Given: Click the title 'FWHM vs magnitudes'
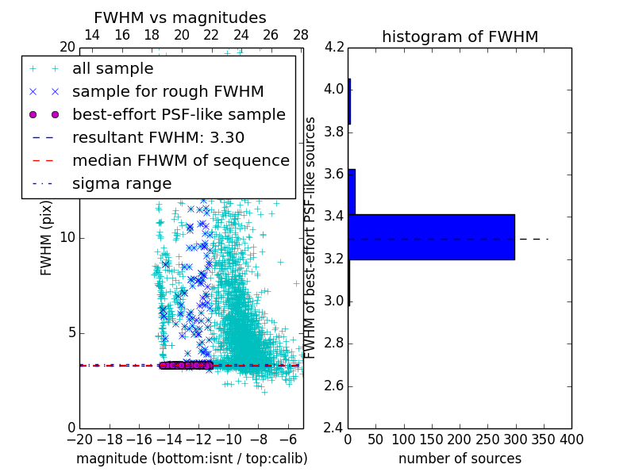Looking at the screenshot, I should pos(180,18).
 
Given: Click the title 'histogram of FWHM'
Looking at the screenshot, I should pos(460,36).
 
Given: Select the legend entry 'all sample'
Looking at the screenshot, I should pos(113,69).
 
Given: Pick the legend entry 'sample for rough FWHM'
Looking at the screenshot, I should pos(167,92).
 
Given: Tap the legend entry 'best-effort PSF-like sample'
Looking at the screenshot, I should pos(179,114).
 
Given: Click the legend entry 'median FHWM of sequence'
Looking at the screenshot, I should pos(180,160).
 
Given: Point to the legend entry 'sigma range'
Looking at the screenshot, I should pos(121,183).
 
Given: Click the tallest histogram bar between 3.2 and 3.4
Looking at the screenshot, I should pos(431,236).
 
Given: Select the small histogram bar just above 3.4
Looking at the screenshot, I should pos(352,191).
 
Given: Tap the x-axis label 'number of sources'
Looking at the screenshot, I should pos(460,459).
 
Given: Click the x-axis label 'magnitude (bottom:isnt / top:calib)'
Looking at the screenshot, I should pos(191,459).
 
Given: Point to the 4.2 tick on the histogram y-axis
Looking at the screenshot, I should pos(334,47).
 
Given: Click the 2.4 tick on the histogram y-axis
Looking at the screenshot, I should pos(334,428).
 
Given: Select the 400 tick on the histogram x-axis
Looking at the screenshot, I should pos(571,440).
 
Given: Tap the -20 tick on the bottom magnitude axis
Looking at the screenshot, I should pos(79,440).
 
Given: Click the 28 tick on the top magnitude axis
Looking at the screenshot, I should pos(300,36).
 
